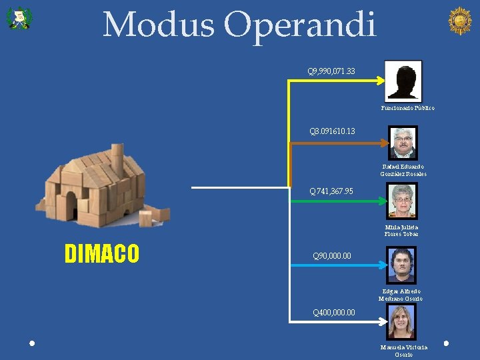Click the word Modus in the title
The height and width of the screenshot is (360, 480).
click(159, 25)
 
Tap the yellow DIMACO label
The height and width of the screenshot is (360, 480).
click(102, 254)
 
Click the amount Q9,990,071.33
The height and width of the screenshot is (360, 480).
click(331, 71)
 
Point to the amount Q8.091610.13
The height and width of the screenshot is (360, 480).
click(332, 131)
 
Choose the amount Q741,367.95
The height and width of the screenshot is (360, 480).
click(331, 192)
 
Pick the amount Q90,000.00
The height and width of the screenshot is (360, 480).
click(332, 256)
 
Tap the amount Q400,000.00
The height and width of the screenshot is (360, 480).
click(334, 313)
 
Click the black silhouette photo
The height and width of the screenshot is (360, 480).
click(403, 81)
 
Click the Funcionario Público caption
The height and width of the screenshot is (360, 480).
click(407, 108)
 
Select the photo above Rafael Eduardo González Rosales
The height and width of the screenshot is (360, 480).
click(403, 142)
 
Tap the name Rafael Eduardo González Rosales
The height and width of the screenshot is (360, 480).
click(403, 171)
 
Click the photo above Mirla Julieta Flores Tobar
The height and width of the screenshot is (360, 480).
click(403, 201)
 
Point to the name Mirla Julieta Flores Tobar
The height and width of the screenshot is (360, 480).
click(401, 231)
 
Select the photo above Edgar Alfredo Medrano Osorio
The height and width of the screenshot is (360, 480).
click(402, 265)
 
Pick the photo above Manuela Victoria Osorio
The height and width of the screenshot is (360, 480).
click(403, 322)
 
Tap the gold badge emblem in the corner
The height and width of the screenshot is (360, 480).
click(459, 21)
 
